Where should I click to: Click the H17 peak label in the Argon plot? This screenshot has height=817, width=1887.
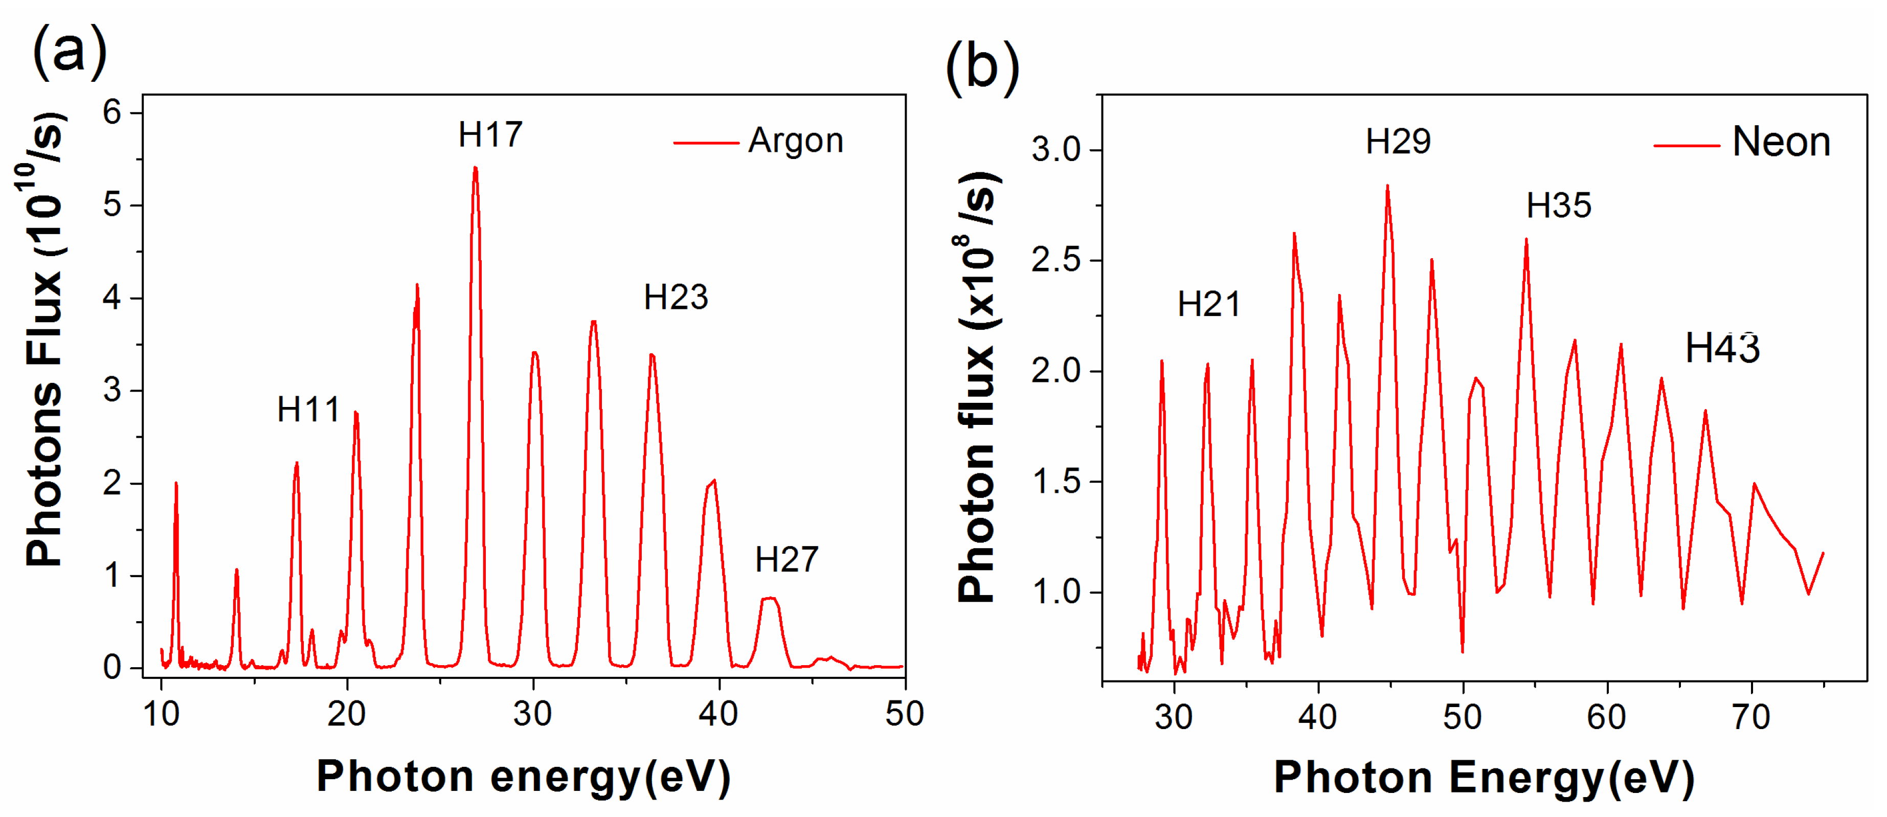490,134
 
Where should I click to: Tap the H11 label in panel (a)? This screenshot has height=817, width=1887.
308,409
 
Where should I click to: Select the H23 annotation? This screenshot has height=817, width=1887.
676,297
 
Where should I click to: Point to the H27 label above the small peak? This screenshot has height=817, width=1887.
786,560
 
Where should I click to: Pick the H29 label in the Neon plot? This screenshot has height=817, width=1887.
1398,141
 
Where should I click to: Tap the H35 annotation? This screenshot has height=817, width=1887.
1558,206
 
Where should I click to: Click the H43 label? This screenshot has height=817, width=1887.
1722,349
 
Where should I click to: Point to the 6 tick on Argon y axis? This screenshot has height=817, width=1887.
112,113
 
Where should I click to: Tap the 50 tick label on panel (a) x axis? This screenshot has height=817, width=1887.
904,714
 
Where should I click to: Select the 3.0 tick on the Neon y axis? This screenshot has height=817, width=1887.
1055,150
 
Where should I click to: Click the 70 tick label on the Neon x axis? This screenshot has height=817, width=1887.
1751,717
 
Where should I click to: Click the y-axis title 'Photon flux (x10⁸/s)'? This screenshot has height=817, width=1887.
978,388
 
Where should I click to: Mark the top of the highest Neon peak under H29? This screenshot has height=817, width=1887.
1387,186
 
